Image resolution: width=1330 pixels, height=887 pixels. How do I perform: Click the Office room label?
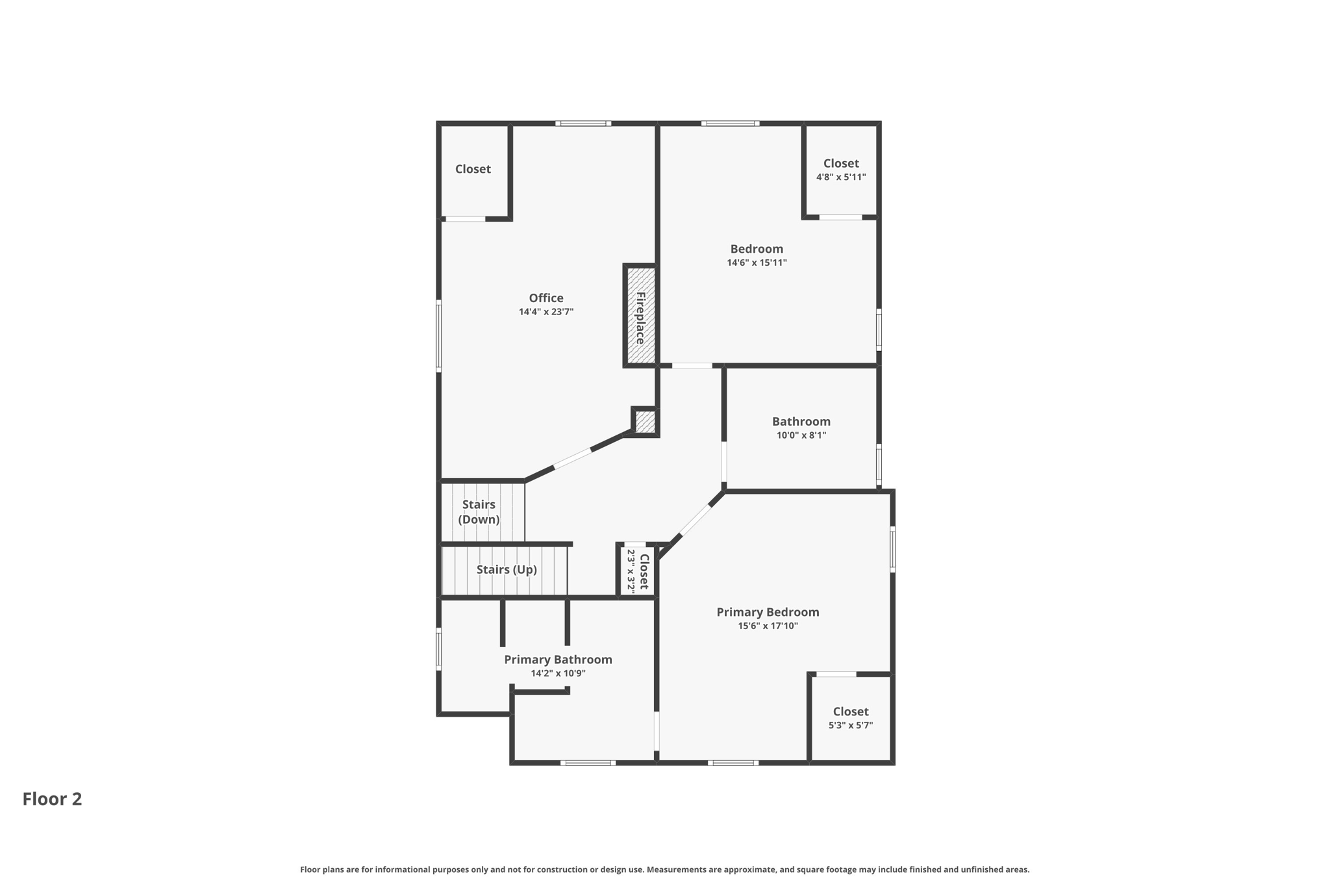click(546, 298)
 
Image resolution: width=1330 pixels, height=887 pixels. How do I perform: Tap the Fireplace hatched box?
click(640, 316)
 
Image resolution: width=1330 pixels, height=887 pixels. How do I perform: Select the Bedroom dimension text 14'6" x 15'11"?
click(757, 263)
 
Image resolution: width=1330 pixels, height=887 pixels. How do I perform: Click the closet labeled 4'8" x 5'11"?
click(841, 170)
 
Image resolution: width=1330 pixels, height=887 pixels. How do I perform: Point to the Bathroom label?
click(801, 421)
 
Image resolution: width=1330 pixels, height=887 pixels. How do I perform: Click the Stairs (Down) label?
click(479, 512)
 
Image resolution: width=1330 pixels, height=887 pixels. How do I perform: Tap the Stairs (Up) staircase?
click(506, 570)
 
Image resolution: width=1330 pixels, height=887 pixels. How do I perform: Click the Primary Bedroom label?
click(768, 611)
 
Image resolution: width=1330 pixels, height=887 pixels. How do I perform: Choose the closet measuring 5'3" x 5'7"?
click(851, 717)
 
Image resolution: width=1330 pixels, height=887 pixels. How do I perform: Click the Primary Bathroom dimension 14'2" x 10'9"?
click(558, 673)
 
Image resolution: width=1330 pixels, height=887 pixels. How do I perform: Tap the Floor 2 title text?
click(52, 799)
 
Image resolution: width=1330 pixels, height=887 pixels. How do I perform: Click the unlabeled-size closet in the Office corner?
click(473, 169)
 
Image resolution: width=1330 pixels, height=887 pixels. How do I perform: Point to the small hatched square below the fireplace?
click(645, 422)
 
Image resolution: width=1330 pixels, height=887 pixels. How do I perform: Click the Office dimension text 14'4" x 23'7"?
click(546, 312)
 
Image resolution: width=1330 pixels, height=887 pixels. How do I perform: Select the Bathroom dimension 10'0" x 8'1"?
click(801, 435)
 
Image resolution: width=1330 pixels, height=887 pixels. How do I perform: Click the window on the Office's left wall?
click(438, 335)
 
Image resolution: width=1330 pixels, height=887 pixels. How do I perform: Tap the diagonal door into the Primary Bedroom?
click(696, 521)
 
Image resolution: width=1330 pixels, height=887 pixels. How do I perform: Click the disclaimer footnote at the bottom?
click(664, 869)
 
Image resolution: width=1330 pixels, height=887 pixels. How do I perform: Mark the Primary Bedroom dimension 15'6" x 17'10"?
click(768, 626)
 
